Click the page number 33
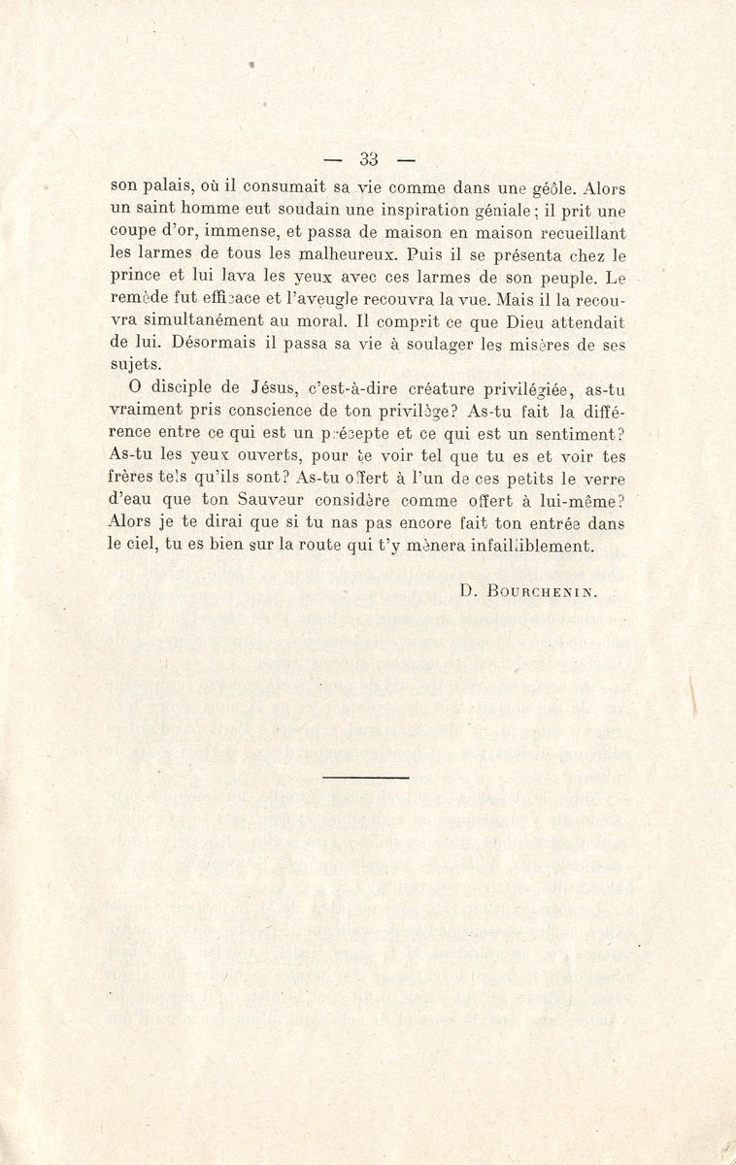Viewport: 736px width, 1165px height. [368, 159]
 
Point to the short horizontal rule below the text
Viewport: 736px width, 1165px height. [367, 776]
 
